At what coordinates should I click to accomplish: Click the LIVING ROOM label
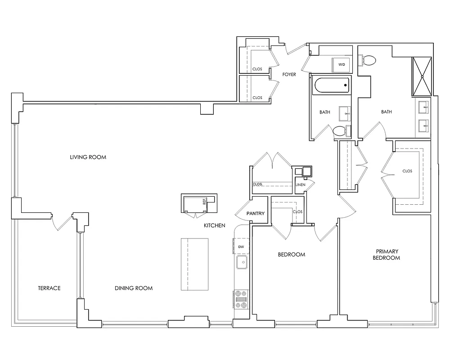(x=88, y=157)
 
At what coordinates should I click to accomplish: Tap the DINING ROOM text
(x=133, y=288)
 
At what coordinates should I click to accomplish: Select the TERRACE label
(x=49, y=288)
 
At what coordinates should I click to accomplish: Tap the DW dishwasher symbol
(x=241, y=247)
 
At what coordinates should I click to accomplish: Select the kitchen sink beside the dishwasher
(x=242, y=262)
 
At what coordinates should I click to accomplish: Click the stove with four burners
(x=241, y=299)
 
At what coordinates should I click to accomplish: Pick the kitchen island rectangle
(x=195, y=265)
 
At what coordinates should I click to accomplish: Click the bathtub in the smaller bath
(x=331, y=85)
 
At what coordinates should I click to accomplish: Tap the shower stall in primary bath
(x=422, y=76)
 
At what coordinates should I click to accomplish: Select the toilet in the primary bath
(x=369, y=60)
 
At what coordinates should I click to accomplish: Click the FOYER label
(x=289, y=74)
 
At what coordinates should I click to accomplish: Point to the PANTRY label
(x=256, y=214)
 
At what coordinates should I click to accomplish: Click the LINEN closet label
(x=300, y=184)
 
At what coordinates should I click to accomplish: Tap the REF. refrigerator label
(x=204, y=201)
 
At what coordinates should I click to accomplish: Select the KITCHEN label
(x=214, y=225)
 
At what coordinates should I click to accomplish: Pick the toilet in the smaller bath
(x=339, y=131)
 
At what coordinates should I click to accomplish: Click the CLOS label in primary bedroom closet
(x=407, y=171)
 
